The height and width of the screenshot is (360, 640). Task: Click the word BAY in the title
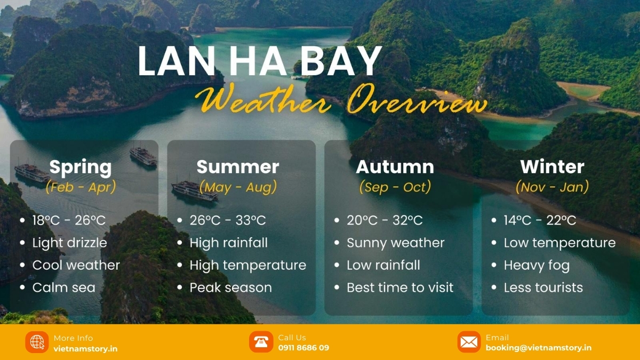point(341,61)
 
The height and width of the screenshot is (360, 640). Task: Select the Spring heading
point(81,167)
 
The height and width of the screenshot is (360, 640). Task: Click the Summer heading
point(238,166)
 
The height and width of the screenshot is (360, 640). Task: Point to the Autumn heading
point(395,166)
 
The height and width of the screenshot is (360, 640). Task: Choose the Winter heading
point(552,166)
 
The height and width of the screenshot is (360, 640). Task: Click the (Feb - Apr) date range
point(81,187)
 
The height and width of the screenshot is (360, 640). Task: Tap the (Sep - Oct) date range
point(395,187)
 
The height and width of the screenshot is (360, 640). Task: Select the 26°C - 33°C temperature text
point(228,220)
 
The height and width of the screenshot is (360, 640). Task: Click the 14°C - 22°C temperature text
point(540,220)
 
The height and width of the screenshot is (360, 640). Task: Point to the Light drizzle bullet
point(69,243)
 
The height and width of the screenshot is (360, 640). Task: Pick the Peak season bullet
point(230,287)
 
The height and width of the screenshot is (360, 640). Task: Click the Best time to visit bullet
point(400,287)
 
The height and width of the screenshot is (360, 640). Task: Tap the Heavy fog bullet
point(537,266)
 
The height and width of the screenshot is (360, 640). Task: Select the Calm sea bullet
point(63,287)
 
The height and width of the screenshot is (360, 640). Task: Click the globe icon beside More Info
point(37,342)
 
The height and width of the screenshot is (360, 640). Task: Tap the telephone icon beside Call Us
point(261,342)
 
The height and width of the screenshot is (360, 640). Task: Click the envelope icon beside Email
point(469,342)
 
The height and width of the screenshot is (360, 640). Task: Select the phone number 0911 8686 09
point(303,348)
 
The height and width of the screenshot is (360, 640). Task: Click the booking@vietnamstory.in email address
point(539,348)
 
